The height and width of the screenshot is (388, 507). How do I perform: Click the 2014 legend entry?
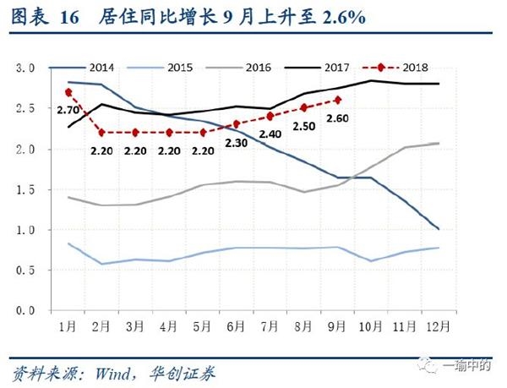[101, 67]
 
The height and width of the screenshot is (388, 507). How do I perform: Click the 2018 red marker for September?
[337, 100]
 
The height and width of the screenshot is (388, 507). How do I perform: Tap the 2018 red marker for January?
[68, 92]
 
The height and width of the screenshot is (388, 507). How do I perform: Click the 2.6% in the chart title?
[342, 18]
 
